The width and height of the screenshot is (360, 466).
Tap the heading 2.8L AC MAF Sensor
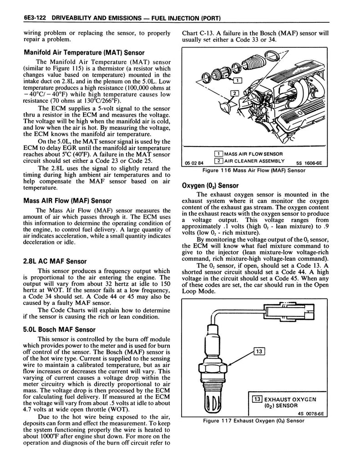(x=55, y=261)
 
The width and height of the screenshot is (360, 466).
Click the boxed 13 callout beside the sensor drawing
(x=259, y=351)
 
